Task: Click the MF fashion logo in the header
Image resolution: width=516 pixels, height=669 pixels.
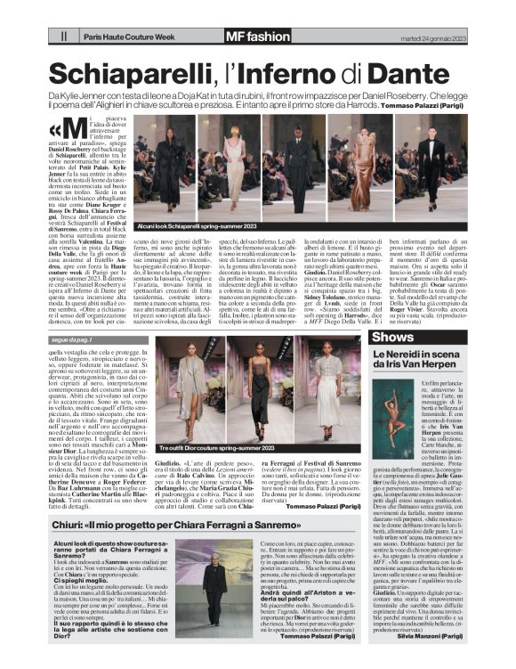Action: tap(258, 37)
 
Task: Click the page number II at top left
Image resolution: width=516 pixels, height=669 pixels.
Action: tap(63, 37)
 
